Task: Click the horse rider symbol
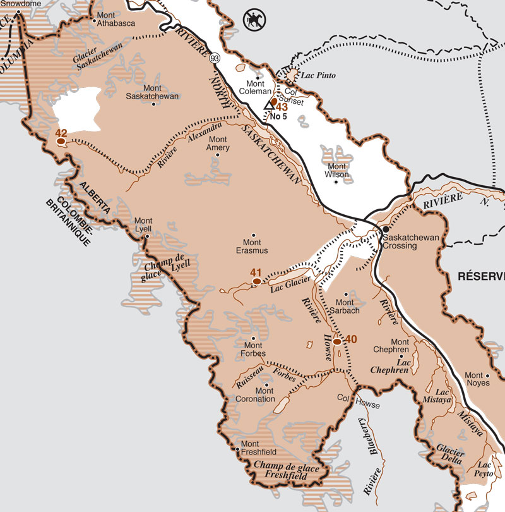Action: tap(252, 20)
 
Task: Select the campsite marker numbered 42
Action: tap(61, 142)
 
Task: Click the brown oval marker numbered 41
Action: tap(256, 281)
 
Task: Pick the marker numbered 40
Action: tap(337, 341)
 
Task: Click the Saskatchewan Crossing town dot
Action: tap(384, 229)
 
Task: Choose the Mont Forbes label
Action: tap(253, 350)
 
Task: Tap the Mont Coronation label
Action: tap(256, 395)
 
